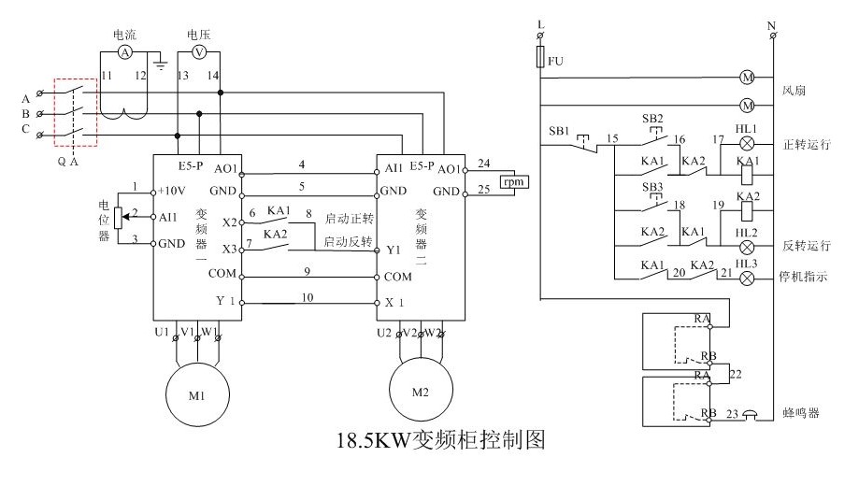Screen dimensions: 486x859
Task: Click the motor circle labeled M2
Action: click(x=420, y=389)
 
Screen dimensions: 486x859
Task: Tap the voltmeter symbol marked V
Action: click(x=198, y=52)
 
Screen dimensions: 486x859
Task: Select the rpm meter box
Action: click(x=513, y=181)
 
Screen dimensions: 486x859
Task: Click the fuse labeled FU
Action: click(x=541, y=60)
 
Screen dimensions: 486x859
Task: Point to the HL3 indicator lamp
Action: click(x=746, y=279)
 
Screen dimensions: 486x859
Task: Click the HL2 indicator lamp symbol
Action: click(x=746, y=246)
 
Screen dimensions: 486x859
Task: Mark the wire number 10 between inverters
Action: click(x=308, y=296)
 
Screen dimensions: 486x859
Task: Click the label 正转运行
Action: click(x=805, y=146)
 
